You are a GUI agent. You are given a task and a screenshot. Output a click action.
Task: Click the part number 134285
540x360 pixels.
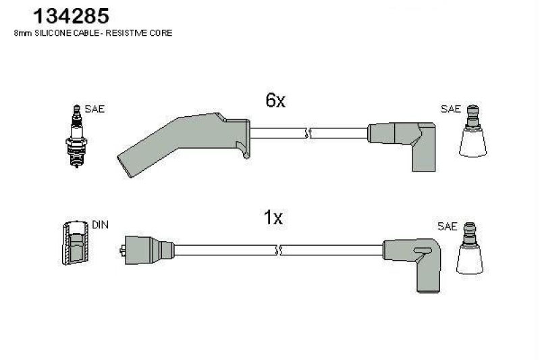pos(61,16)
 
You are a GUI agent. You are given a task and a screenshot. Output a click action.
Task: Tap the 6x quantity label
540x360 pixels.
pos(275,101)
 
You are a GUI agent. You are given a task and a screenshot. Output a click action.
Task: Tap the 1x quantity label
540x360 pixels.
pos(273,217)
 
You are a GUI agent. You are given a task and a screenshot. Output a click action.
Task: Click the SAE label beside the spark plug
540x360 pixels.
pos(94,109)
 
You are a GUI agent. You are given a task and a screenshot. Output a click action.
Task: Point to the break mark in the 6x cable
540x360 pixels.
pos(307,132)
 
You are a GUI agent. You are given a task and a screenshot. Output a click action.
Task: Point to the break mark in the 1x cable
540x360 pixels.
pos(277,250)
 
